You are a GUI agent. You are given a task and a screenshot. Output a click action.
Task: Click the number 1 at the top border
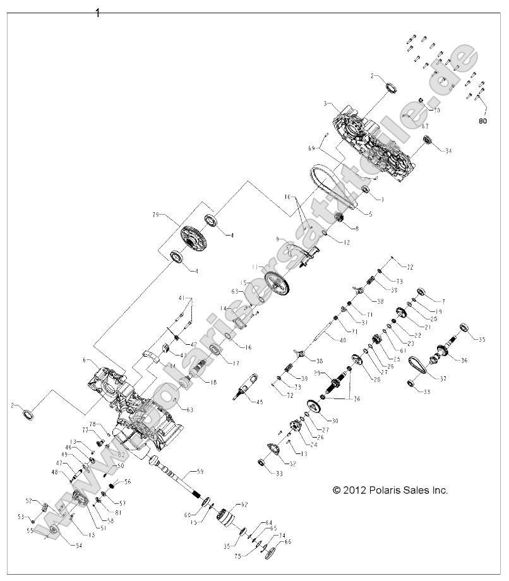pos(97,13)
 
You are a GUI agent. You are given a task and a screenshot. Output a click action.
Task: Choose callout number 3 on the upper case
pos(325,103)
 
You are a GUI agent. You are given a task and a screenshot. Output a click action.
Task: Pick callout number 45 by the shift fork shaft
pos(259,402)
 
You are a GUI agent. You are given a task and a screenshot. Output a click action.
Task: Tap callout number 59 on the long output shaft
pos(200,471)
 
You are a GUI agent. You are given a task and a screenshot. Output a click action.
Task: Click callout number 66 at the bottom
pos(288,541)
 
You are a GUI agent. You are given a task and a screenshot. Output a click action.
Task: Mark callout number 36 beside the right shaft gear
pos(465,361)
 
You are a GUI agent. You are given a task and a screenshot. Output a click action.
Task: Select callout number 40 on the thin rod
pos(343,340)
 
